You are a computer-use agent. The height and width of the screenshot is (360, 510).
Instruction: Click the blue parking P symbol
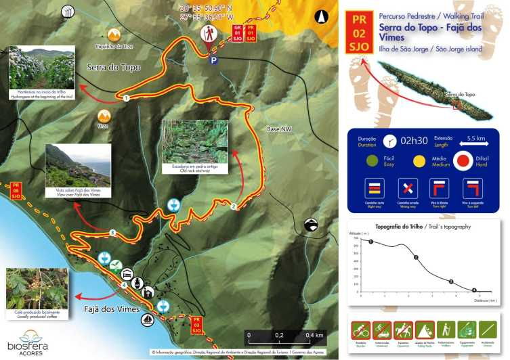[214, 60]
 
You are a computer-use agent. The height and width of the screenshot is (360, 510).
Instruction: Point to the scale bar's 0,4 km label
[314, 335]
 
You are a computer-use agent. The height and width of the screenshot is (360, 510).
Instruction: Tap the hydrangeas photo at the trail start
[41, 69]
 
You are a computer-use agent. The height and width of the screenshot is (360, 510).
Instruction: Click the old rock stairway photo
[195, 142]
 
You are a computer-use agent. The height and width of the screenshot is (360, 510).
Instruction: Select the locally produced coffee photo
[36, 290]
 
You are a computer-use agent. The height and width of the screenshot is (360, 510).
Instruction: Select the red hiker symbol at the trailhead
[208, 32]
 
